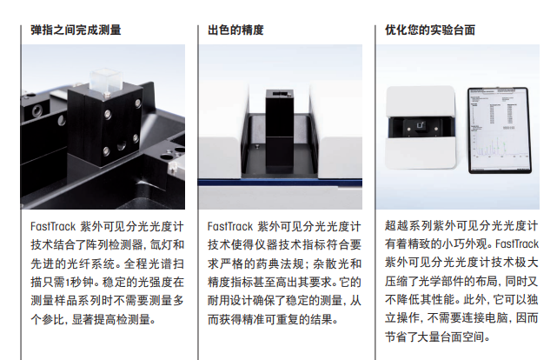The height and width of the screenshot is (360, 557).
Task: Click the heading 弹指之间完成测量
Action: (x=76, y=30)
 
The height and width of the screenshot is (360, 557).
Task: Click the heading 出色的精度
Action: (x=235, y=30)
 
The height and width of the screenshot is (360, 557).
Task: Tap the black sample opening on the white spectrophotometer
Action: (x=421, y=130)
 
